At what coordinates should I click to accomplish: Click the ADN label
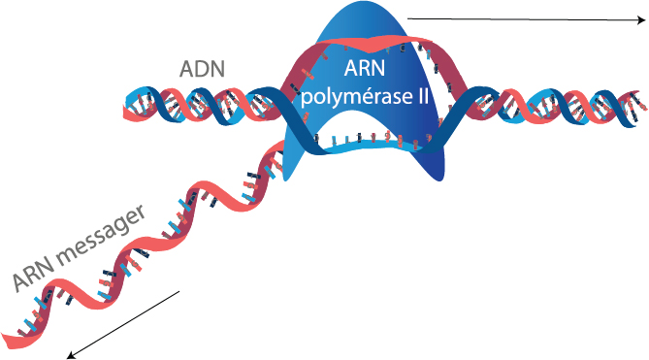click(x=202, y=69)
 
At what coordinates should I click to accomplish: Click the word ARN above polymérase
click(x=365, y=68)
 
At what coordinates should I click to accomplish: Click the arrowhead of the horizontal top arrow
click(x=641, y=19)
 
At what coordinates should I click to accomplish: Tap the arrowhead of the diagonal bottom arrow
click(x=71, y=355)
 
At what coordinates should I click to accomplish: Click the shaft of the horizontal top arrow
click(x=522, y=19)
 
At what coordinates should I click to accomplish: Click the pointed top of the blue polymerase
click(x=357, y=5)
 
